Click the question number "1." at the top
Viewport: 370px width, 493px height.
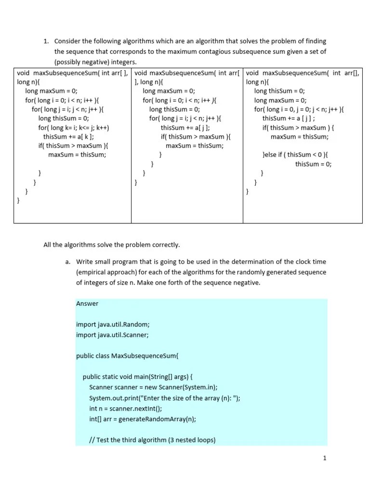(47, 41)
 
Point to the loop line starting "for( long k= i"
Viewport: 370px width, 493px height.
(74, 128)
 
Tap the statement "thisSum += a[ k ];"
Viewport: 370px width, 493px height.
(68, 137)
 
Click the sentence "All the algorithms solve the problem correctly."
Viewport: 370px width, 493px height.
(111, 245)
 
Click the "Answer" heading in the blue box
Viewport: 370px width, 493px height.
(87, 303)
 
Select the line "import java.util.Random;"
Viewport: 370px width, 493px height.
(113, 324)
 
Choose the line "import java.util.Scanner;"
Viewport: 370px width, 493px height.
(112, 335)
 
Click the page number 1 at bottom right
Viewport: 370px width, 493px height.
(325, 458)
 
